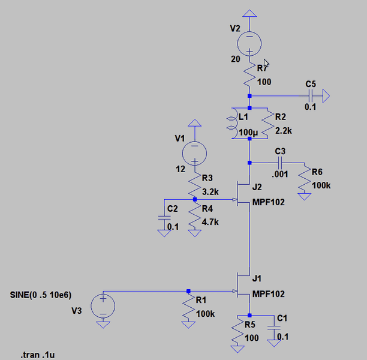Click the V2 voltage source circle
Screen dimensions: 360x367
[x=250, y=43]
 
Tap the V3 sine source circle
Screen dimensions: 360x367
[x=103, y=305]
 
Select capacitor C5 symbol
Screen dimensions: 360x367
[x=310, y=95]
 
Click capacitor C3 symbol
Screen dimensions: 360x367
[x=279, y=163]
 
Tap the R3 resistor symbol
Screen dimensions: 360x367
[x=193, y=182]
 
